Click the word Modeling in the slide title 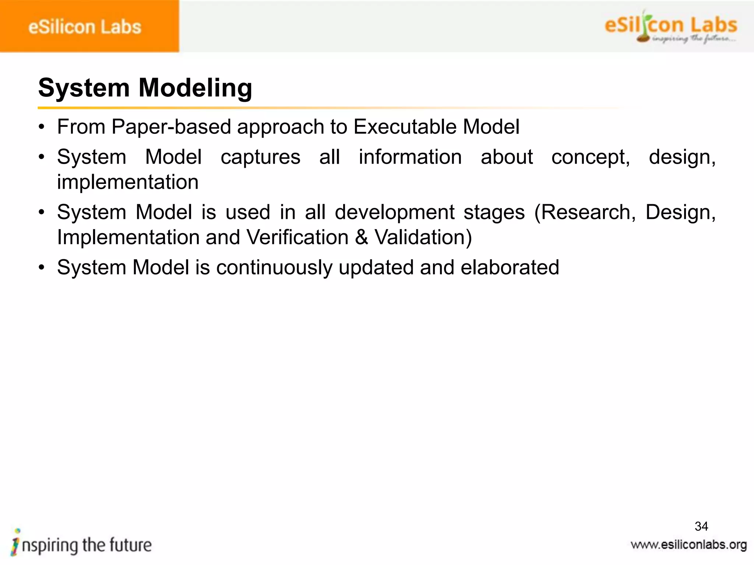[195, 88]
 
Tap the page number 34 [701, 526]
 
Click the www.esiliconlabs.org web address [688, 545]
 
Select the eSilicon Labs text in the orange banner [85, 27]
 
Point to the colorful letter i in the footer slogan [15, 543]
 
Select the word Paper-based [171, 127]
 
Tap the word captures [260, 157]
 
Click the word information [410, 157]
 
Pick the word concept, [591, 157]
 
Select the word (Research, [585, 213]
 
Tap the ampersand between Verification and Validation [362, 237]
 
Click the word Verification [297, 237]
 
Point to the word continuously [274, 267]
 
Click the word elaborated [510, 267]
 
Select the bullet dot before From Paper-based [42, 127]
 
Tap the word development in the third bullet [395, 213]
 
